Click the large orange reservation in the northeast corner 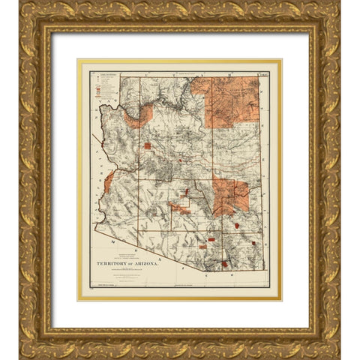(x=229, y=100)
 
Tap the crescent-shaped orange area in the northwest (x=139, y=115)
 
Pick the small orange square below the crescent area (x=147, y=146)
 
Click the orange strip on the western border (x=109, y=181)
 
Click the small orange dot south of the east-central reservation (x=237, y=225)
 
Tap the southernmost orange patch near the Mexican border (x=225, y=263)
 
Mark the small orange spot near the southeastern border (x=255, y=244)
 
